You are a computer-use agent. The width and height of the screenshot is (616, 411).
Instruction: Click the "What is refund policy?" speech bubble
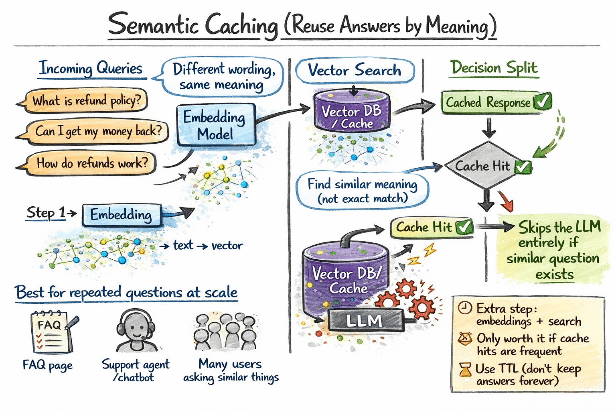pos(86,100)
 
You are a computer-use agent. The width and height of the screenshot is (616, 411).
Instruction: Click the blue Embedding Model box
pos(216,125)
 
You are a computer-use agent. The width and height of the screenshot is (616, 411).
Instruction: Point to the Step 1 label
pos(46,212)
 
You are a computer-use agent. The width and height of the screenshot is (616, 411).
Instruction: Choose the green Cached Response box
pos(496,102)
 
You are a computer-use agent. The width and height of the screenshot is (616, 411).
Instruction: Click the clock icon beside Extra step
pos(465,308)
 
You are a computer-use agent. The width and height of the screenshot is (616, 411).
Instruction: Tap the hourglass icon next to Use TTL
pos(465,369)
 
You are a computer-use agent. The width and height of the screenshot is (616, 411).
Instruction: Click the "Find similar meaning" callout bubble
pos(362,191)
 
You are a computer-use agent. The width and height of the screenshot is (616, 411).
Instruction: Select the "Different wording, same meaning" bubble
pos(223,77)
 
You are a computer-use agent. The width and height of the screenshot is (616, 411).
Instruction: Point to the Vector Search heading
pos(355,71)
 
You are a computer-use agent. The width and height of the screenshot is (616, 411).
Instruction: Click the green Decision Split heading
pos(494,67)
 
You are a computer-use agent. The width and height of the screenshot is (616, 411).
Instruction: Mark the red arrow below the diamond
pos(506,201)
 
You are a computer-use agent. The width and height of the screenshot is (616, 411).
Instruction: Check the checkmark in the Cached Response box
pos(543,102)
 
